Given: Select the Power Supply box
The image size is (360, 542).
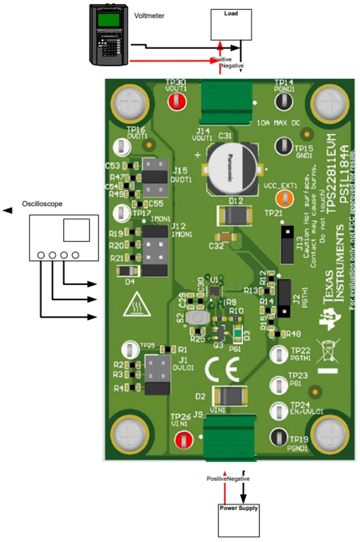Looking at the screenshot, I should pos(239,520).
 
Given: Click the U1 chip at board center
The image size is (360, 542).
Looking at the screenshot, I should pos(214,291).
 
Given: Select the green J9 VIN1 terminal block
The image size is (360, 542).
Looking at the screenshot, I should pos(230,436).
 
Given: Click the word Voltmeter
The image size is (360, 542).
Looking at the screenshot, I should pos(149,16).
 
